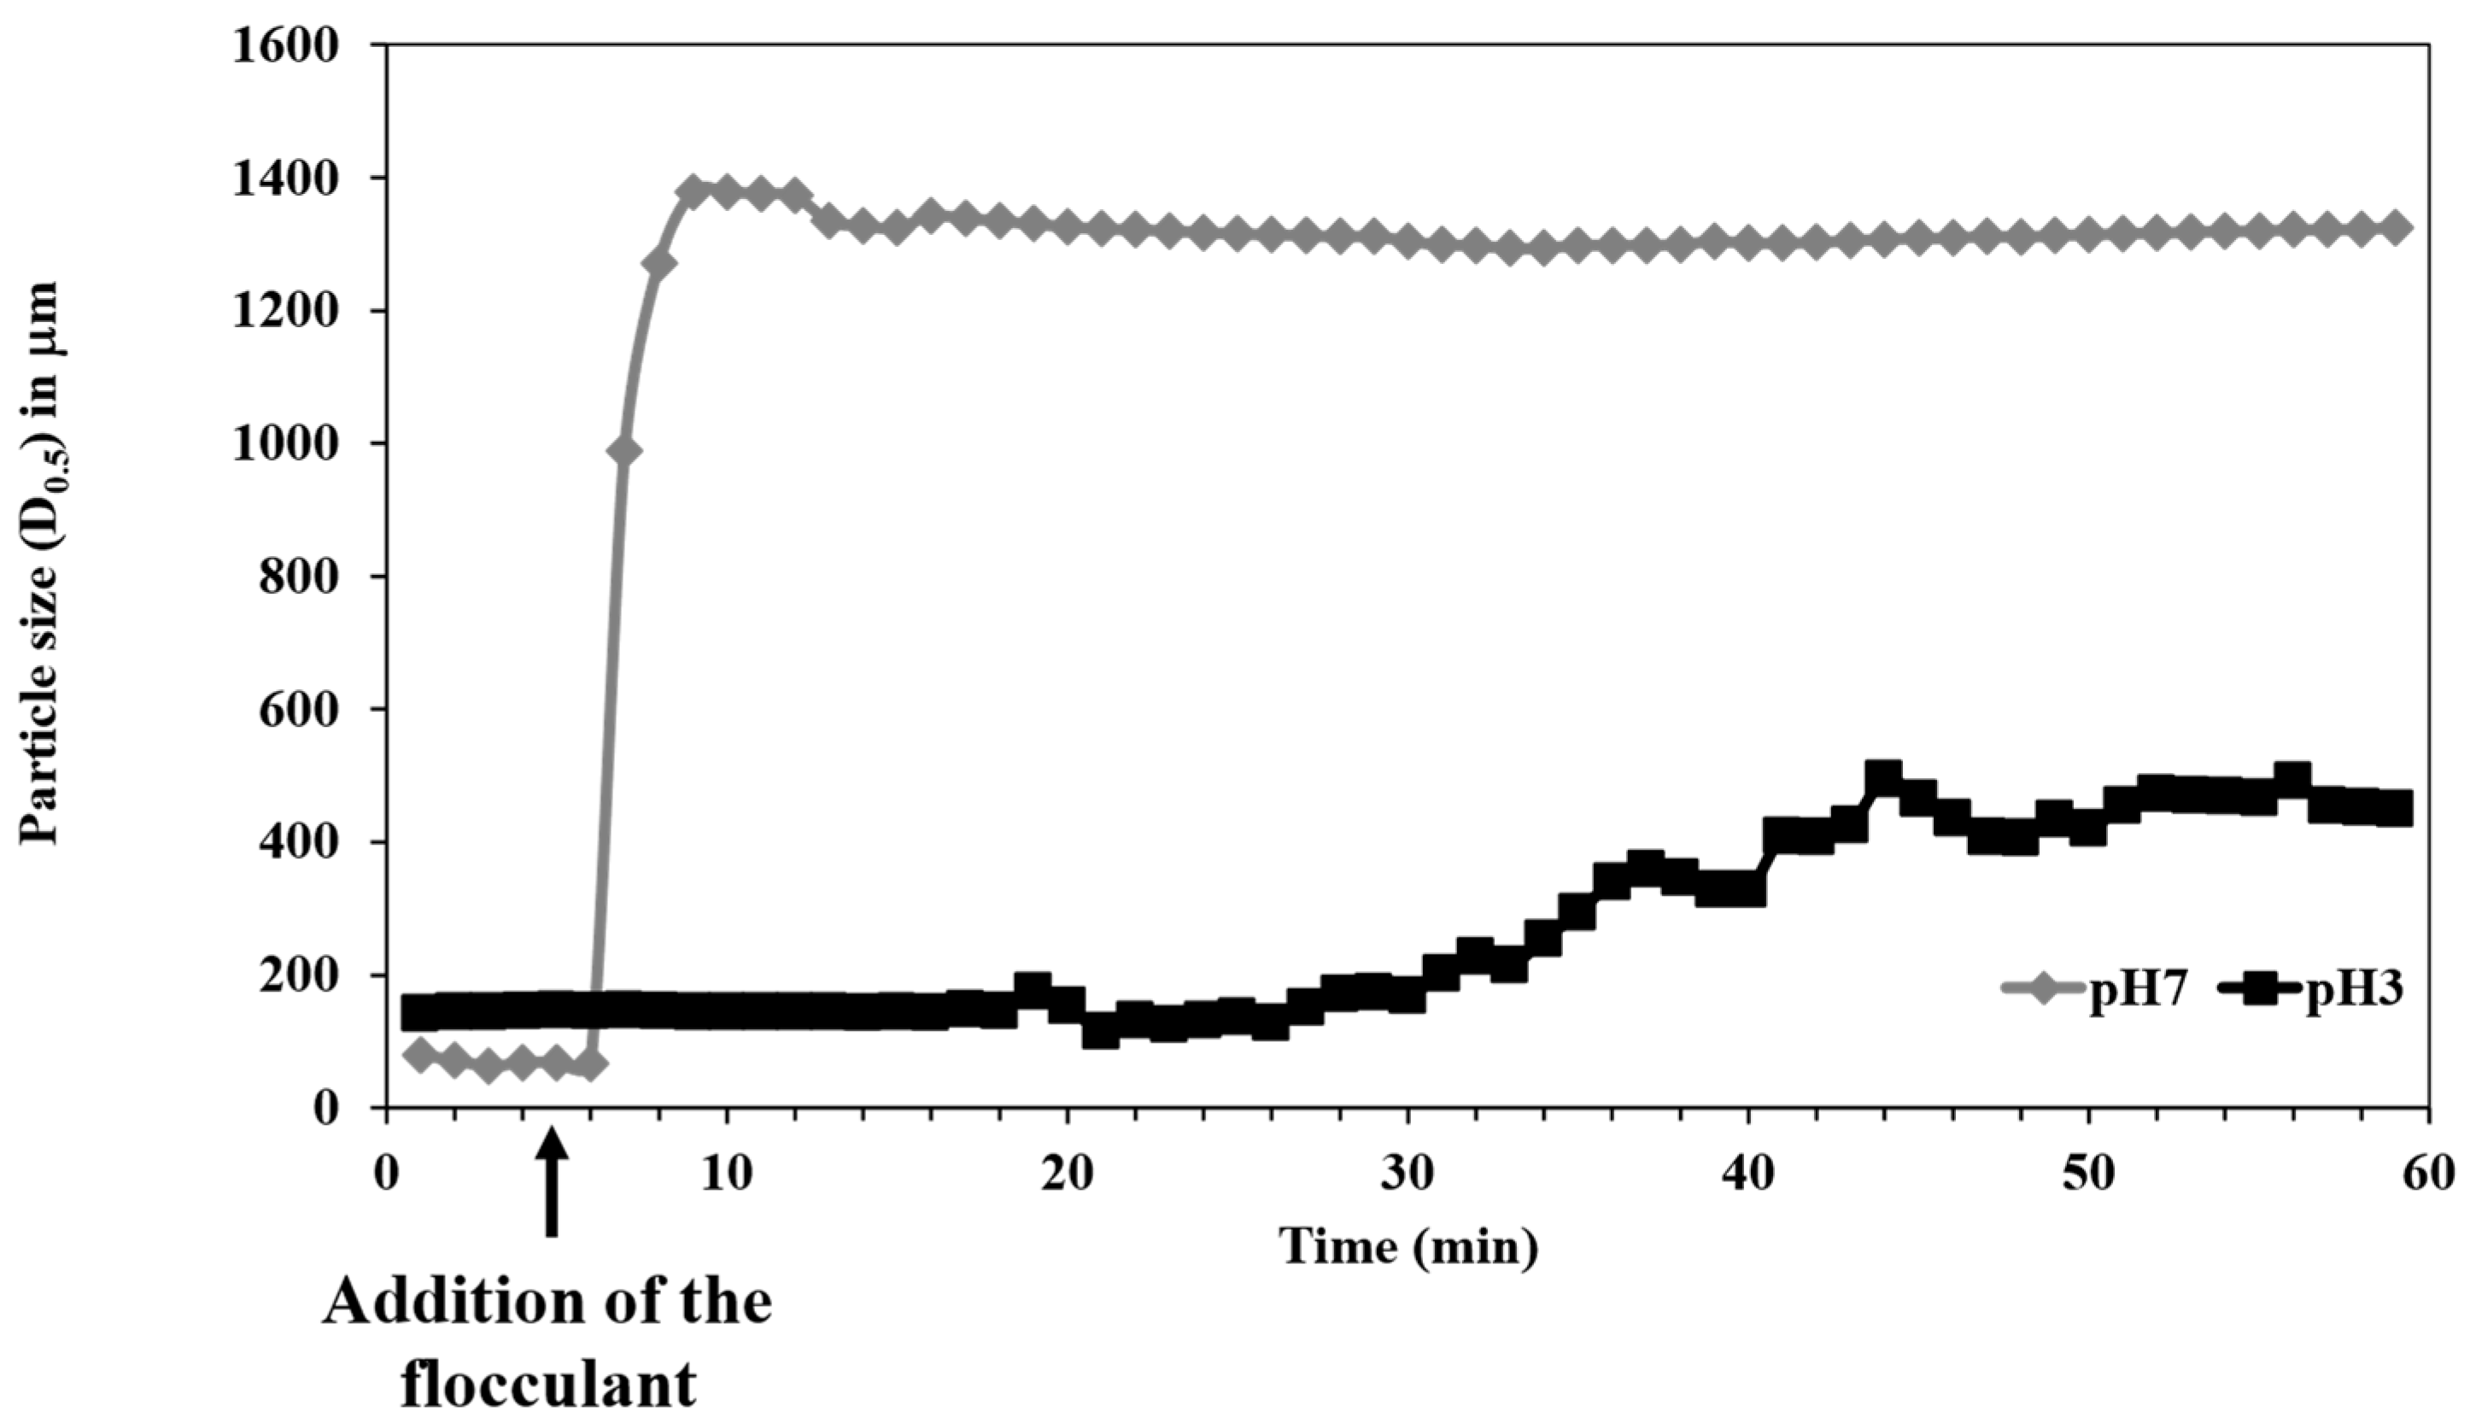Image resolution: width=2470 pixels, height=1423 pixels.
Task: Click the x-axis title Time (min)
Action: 1409,1248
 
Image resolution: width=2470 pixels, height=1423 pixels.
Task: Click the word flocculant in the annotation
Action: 549,1384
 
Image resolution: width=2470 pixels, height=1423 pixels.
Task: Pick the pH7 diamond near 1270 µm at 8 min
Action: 659,264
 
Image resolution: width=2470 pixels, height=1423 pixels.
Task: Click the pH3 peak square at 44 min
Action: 1882,778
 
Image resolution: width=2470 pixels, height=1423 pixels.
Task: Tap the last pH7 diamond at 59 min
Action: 2395,228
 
